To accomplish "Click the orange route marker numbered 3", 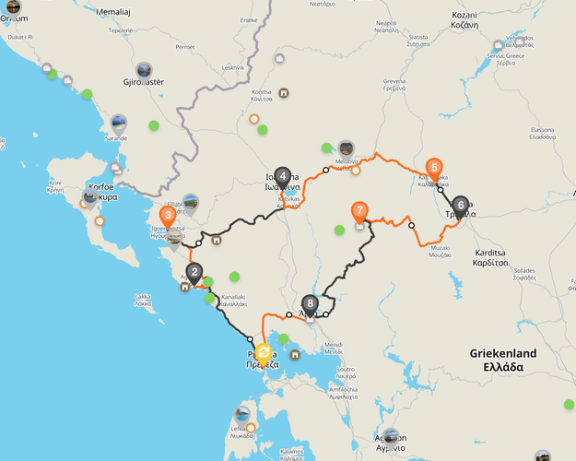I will tap(168, 216).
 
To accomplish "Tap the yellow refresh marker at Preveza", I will tap(264, 352).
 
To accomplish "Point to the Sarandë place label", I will tap(117, 138).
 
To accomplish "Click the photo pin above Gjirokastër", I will tap(144, 69).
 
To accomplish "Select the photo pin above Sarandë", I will tap(119, 122).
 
